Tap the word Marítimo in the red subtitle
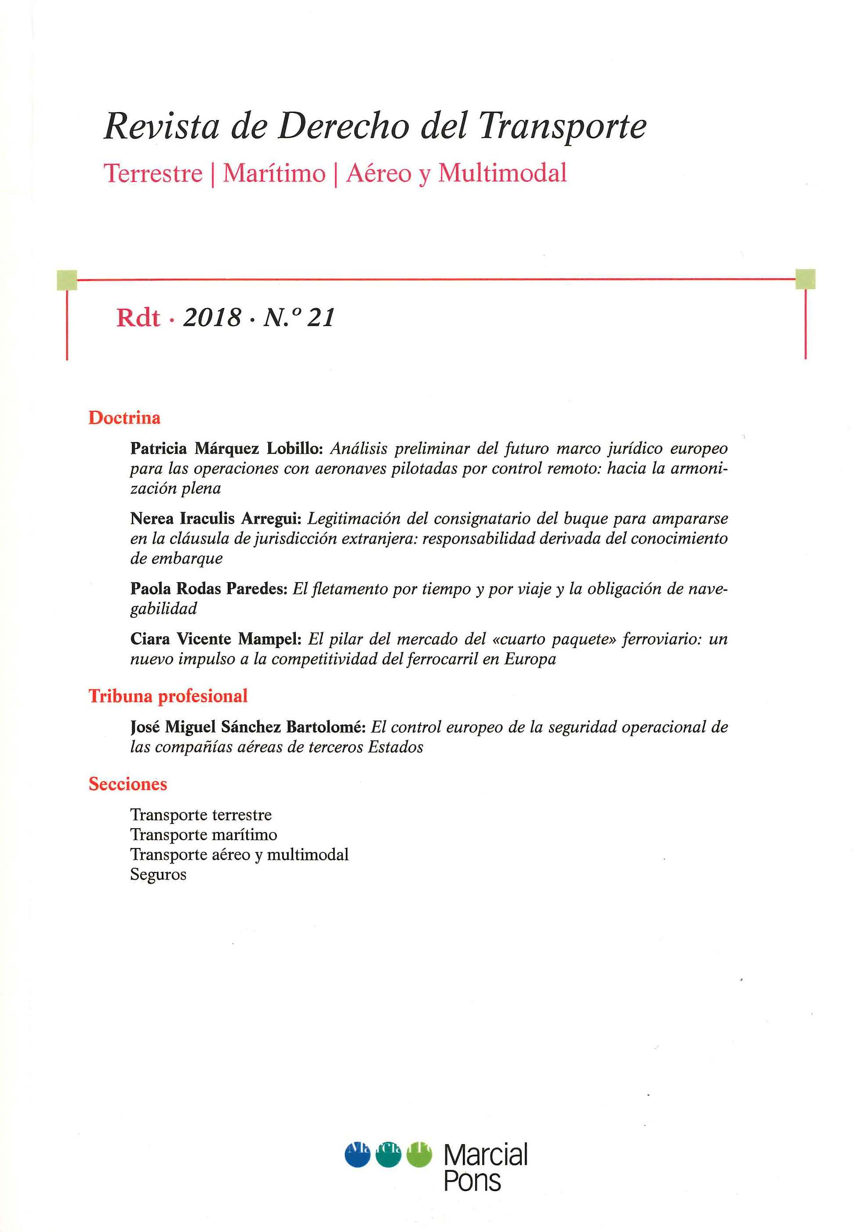(274, 173)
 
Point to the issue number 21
(322, 318)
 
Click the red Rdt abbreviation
(138, 318)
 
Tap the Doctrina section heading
(124, 418)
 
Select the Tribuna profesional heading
(168, 696)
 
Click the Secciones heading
(128, 784)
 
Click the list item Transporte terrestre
(201, 815)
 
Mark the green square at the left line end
(66, 279)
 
